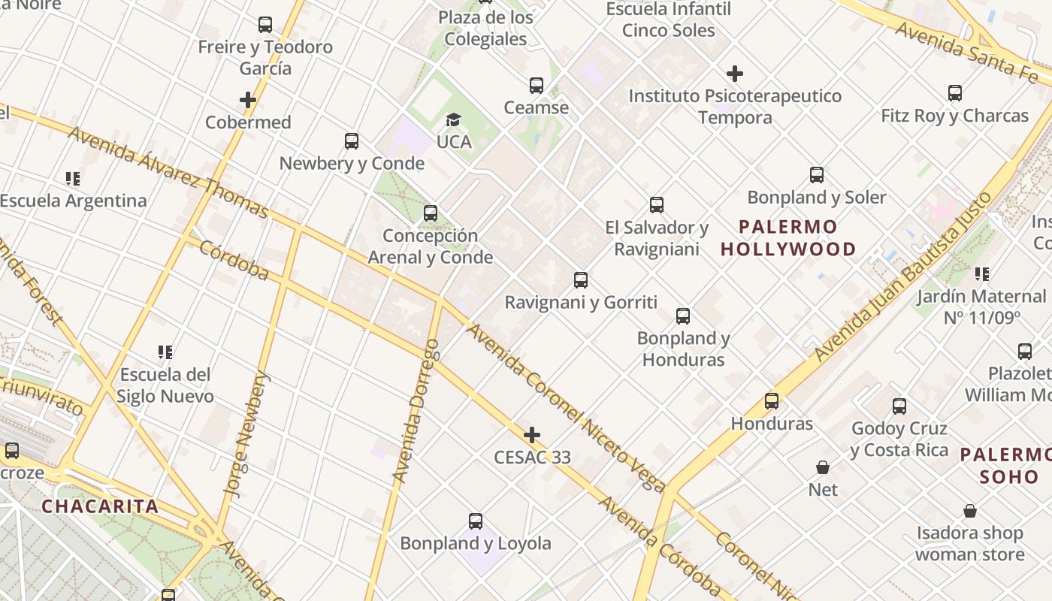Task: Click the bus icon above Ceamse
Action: (x=536, y=86)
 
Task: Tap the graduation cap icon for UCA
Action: (x=453, y=120)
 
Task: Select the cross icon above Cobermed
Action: (x=248, y=100)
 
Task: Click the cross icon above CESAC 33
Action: (x=532, y=435)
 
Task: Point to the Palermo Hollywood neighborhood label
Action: (x=788, y=237)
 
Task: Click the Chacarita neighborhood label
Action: (x=100, y=506)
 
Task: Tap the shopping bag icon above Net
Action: (x=823, y=467)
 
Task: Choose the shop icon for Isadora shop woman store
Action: (x=970, y=512)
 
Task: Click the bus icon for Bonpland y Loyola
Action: (x=475, y=521)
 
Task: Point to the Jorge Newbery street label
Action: (x=247, y=436)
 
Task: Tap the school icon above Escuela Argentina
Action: (x=73, y=179)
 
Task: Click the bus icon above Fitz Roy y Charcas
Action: (x=954, y=93)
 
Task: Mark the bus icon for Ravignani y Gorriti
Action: (x=580, y=280)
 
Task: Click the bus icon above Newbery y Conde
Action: (x=351, y=141)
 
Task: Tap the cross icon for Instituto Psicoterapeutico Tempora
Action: (x=735, y=74)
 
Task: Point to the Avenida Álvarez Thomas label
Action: (x=168, y=172)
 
